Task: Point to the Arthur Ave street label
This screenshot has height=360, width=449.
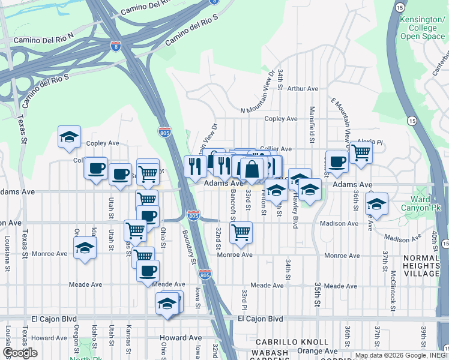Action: [x=303, y=89]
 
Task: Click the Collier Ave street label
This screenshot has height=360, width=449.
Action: [x=276, y=149]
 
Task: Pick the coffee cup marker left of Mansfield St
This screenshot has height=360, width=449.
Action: [x=337, y=161]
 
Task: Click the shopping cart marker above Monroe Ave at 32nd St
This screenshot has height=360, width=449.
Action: [x=241, y=232]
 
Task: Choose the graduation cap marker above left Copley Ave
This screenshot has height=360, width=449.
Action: [x=69, y=136]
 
